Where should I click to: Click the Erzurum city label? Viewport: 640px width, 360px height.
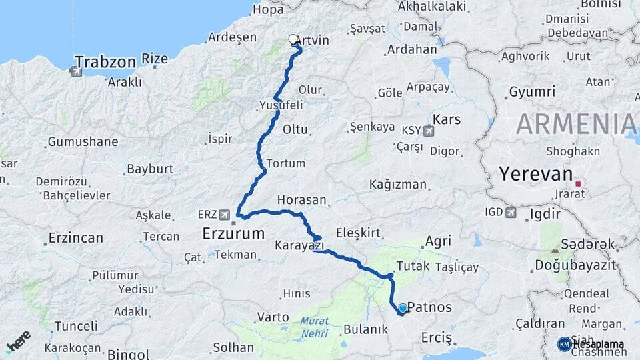point(233,233)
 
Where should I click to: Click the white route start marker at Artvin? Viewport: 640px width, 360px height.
point(293,39)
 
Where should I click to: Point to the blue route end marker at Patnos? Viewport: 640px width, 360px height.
point(402,308)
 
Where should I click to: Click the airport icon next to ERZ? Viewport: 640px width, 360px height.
point(225,215)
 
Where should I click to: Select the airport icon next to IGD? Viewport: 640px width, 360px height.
point(511,213)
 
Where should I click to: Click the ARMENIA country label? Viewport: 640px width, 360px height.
point(576,124)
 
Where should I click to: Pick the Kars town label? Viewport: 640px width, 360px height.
point(447,120)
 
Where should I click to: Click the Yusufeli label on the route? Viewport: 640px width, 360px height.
point(281,105)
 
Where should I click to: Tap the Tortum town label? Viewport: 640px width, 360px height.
point(285,163)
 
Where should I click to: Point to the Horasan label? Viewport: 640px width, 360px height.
point(302,200)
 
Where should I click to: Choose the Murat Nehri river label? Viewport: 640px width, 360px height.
point(314,326)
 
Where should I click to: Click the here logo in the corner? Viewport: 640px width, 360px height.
point(18,341)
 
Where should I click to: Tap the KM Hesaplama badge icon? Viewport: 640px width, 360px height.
point(565,344)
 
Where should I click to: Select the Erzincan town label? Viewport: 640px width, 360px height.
point(75,238)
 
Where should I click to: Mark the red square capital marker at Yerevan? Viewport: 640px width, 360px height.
point(578,183)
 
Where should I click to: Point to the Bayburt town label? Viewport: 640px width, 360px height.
point(150,169)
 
